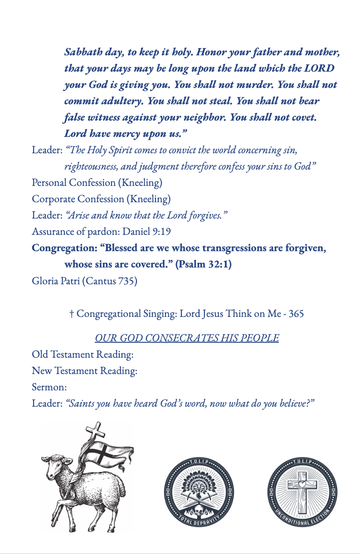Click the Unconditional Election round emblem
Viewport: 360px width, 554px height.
click(302, 492)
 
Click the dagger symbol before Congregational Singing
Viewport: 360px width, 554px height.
click(72, 314)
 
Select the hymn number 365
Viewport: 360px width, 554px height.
click(296, 314)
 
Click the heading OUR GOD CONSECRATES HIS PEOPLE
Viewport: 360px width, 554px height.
click(187, 338)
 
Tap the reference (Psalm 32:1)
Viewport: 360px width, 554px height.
click(204, 265)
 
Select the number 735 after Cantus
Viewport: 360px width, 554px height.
click(127, 281)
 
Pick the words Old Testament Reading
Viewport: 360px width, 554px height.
click(83, 355)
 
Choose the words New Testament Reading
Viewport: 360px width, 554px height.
click(84, 371)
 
